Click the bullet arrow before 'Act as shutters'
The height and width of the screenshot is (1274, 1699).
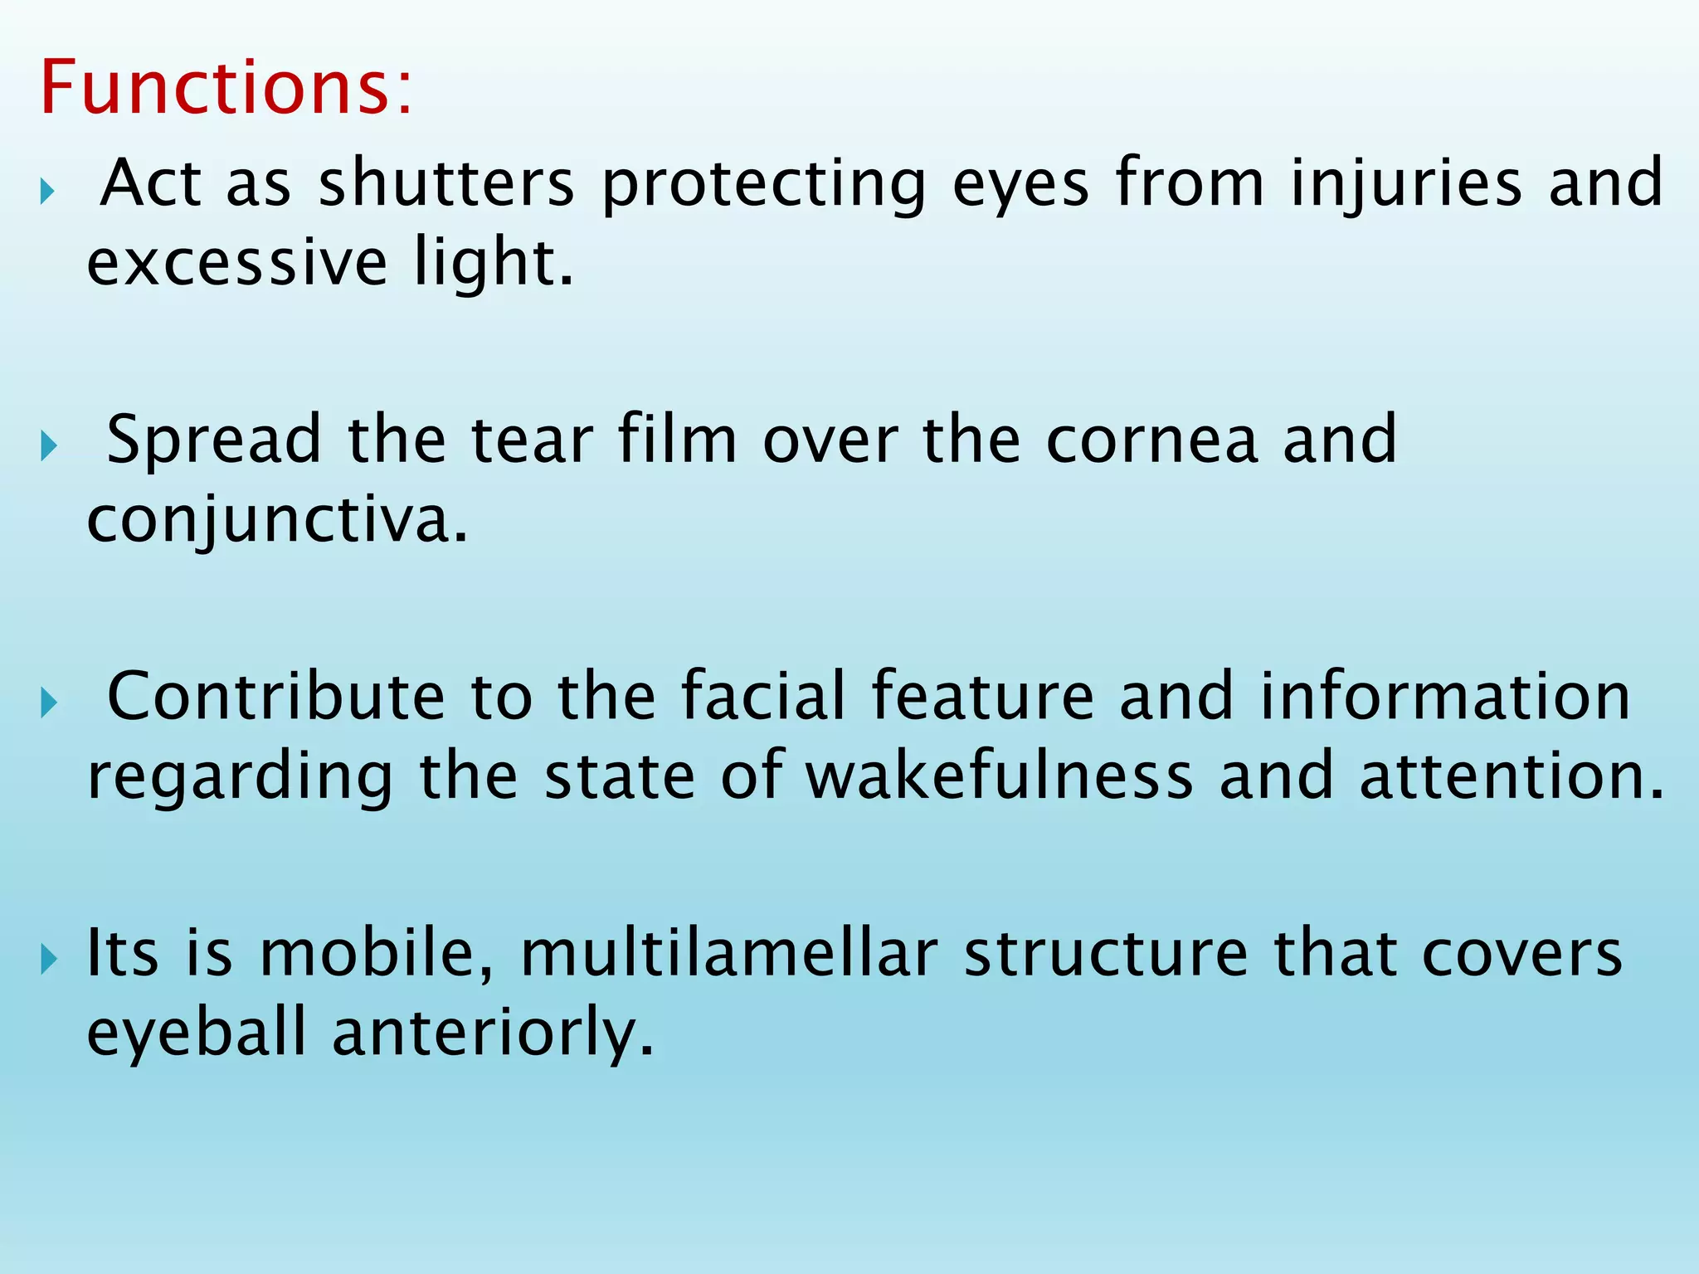48,193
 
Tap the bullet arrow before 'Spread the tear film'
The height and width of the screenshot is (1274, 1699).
48,448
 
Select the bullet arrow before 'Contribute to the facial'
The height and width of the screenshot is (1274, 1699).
48,704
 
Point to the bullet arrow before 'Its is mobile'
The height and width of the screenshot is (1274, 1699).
48,960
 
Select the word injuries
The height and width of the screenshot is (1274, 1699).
1406,184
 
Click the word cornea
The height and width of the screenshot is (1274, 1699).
1151,440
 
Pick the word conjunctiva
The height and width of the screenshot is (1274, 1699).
277,521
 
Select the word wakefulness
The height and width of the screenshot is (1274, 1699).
1000,776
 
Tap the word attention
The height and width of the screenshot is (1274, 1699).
1512,776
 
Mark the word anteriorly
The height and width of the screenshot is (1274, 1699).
493,1033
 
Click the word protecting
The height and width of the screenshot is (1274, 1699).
763,184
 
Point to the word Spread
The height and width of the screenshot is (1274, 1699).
214,440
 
